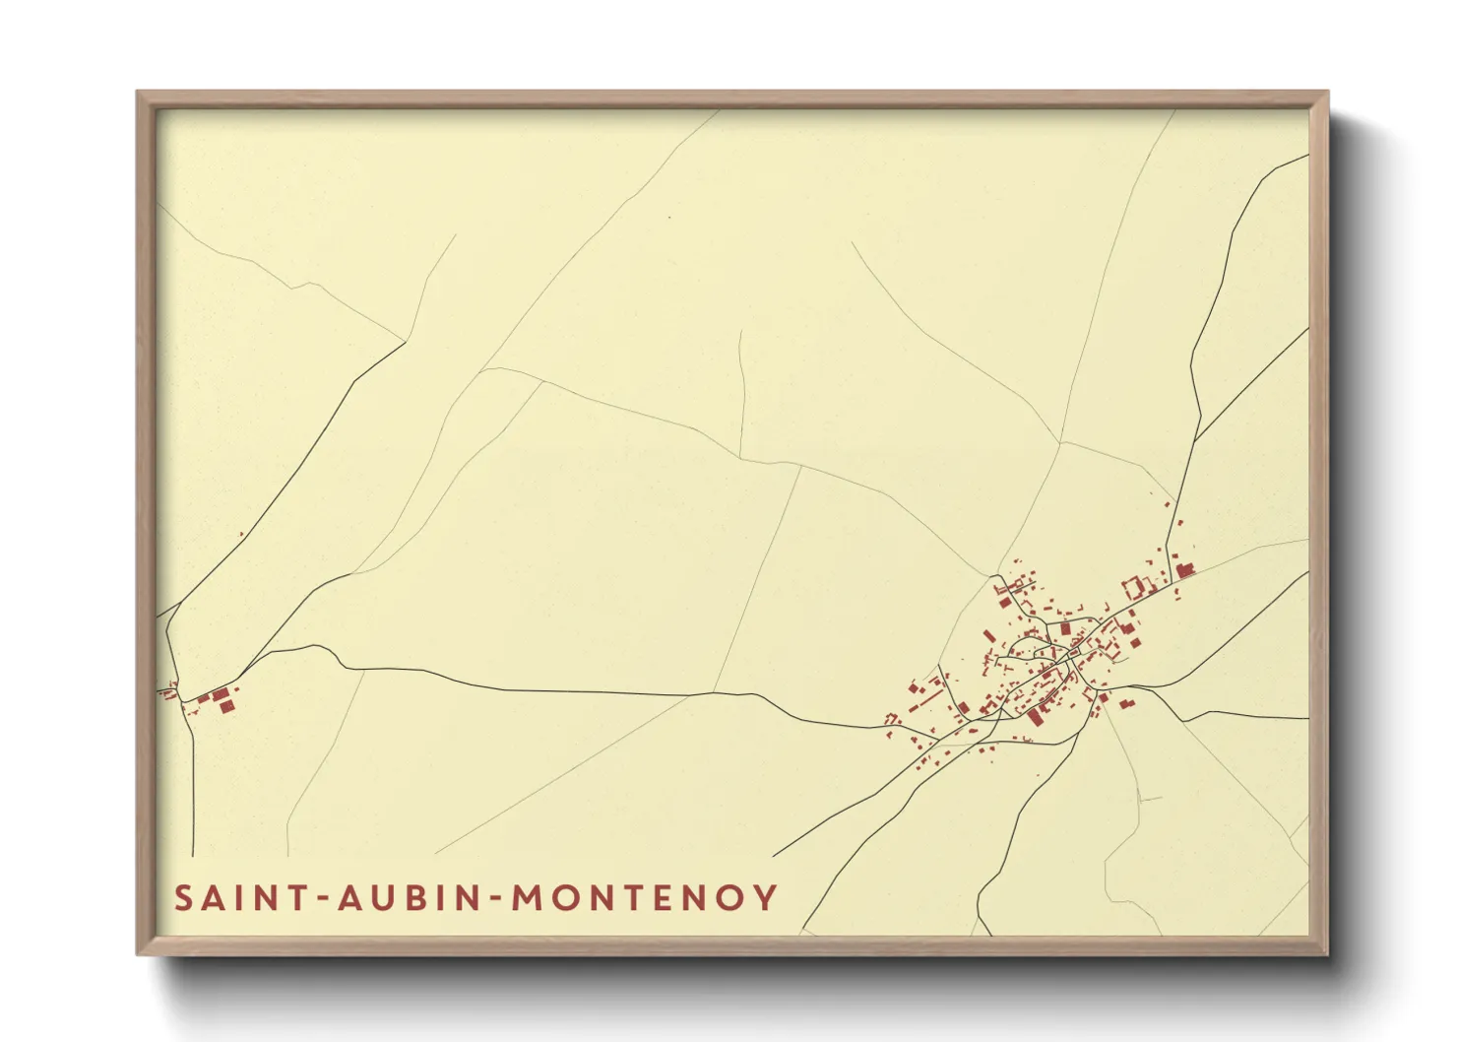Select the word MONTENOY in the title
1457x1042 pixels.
(645, 897)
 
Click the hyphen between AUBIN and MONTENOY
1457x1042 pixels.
(496, 899)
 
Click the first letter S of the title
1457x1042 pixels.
(184, 897)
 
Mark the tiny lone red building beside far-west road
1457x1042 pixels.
(241, 535)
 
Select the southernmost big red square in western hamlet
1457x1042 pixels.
(226, 705)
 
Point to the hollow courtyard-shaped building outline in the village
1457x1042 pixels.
(1134, 587)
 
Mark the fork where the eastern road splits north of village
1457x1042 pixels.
(1196, 439)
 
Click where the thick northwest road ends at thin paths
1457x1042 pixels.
(405, 342)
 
